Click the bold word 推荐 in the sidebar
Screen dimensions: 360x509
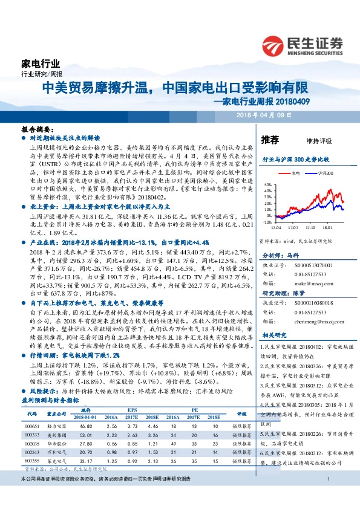(270, 140)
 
